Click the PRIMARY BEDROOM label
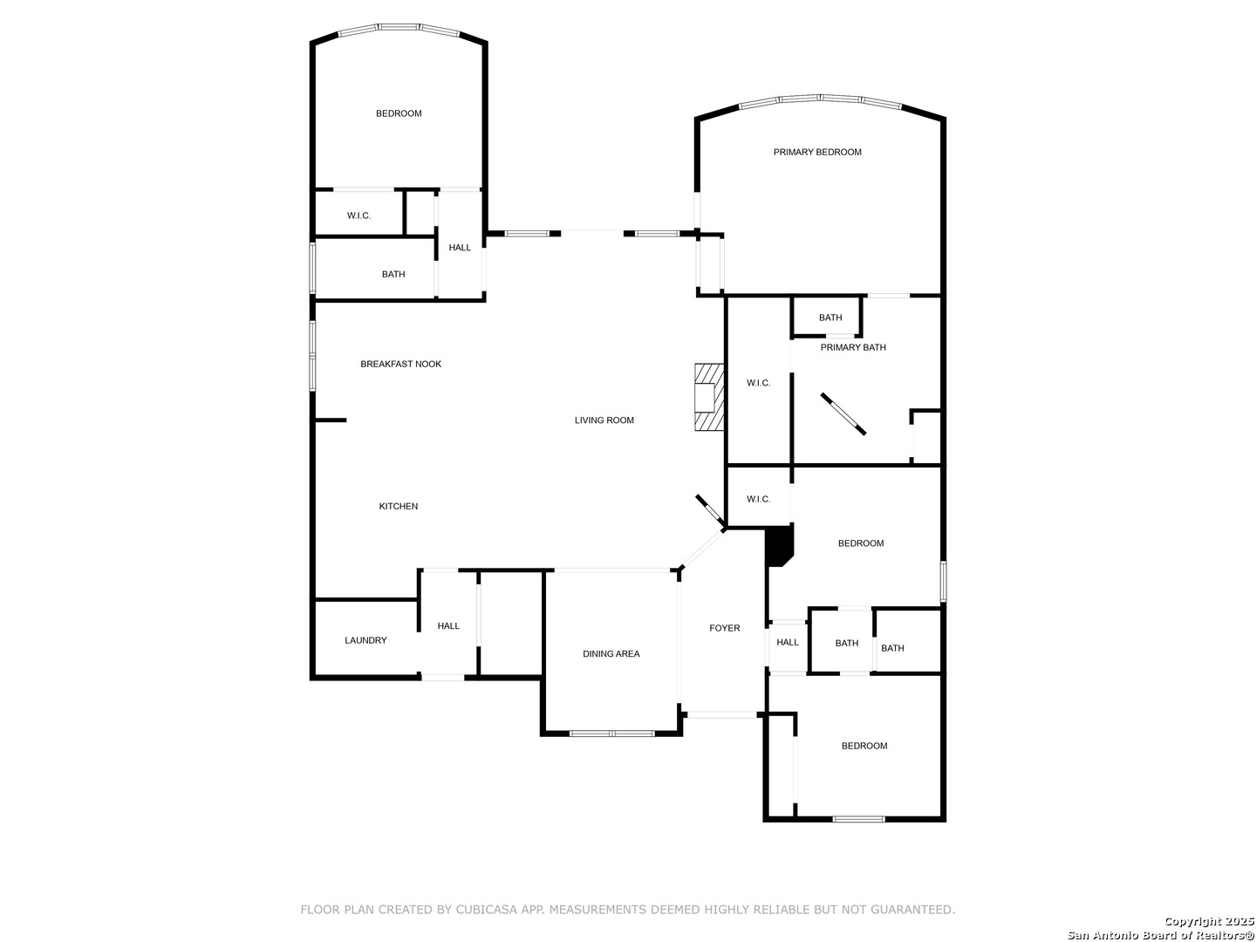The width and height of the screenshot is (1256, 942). click(x=816, y=152)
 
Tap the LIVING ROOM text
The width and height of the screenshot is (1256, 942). click(x=604, y=420)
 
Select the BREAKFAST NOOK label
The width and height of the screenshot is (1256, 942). click(x=400, y=365)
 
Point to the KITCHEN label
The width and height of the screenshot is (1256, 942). click(x=399, y=506)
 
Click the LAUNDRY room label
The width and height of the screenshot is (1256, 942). click(x=365, y=640)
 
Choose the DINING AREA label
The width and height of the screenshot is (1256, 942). click(x=611, y=654)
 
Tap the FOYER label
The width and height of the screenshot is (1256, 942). click(x=725, y=628)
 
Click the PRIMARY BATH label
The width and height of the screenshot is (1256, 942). click(x=852, y=347)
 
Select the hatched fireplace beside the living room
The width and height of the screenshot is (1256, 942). click(x=709, y=396)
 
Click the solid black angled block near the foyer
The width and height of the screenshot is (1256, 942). click(x=780, y=546)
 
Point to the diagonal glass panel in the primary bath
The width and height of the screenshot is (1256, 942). click(x=843, y=414)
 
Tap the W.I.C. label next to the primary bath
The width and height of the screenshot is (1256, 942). click(x=758, y=383)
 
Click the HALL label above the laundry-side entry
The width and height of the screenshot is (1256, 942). click(x=448, y=626)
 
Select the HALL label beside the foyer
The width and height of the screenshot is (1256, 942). click(x=787, y=642)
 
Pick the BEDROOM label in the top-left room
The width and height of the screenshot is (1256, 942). click(x=399, y=113)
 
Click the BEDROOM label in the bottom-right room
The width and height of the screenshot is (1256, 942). click(x=863, y=746)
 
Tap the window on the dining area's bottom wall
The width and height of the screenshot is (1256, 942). click(x=611, y=734)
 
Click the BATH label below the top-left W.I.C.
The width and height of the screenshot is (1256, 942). click(x=393, y=275)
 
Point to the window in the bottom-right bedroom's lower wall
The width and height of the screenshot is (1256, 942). click(x=858, y=819)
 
